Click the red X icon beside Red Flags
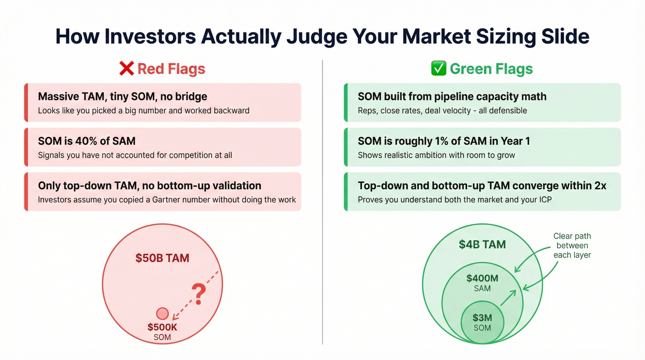tap(126, 69)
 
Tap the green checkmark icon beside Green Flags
tap(438, 69)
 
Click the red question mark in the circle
tap(198, 293)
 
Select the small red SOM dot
tap(162, 314)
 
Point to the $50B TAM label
tap(162, 258)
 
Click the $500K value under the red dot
tap(162, 327)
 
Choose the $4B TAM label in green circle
tap(482, 244)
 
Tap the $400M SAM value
tap(482, 278)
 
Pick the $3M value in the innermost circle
tap(482, 318)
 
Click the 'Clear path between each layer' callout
tap(572, 246)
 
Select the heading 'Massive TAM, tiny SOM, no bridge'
tap(123, 97)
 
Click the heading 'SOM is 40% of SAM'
tap(87, 141)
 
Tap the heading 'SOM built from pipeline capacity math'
tap(452, 97)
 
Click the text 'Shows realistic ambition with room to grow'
tap(436, 155)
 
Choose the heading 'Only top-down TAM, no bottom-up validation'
tap(149, 186)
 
